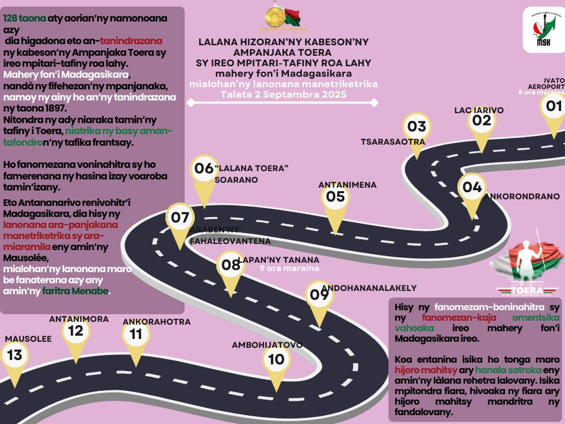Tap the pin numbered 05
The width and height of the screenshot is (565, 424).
[x=335, y=197]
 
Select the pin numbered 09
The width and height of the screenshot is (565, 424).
[x=319, y=294]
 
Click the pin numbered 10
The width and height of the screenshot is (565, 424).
[x=276, y=360]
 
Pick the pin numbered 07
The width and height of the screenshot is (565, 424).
[x=180, y=218]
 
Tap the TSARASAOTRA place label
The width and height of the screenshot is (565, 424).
[x=393, y=141]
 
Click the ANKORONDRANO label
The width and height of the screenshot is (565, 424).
[x=521, y=196]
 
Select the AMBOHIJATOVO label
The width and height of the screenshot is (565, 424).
[x=267, y=345]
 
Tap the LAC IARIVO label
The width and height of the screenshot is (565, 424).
[x=479, y=110]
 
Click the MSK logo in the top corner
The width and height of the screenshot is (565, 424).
[x=543, y=31]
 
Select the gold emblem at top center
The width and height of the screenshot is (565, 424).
[x=274, y=17]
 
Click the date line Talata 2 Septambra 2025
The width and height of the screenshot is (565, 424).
[x=283, y=94]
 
